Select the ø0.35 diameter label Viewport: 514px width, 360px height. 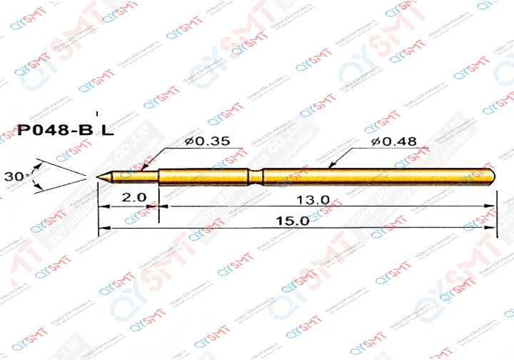206,142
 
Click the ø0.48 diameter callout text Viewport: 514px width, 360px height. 393,142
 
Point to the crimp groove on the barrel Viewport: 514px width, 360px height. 257,176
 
